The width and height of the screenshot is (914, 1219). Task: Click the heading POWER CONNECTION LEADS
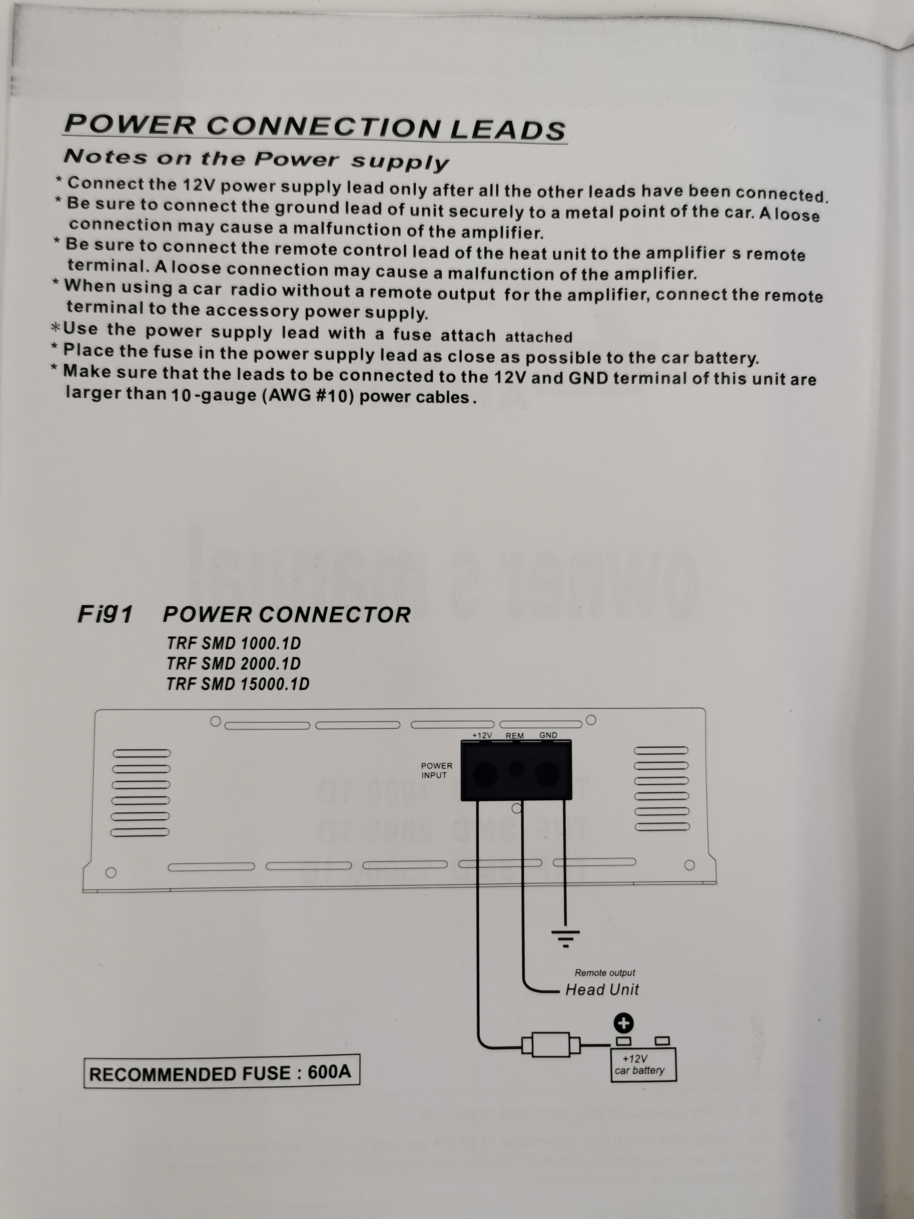(x=315, y=127)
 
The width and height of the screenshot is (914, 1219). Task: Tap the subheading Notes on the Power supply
(x=256, y=159)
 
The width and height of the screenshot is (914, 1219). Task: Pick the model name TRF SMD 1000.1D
(x=234, y=643)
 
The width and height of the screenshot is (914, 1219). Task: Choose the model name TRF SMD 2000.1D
(x=234, y=664)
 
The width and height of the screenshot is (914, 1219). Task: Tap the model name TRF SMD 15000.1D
(x=238, y=684)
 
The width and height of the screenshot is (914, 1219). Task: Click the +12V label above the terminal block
(x=482, y=735)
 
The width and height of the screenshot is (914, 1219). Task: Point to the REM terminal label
(x=514, y=736)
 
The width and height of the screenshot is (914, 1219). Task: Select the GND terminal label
(x=548, y=735)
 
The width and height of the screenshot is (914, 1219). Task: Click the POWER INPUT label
(x=436, y=771)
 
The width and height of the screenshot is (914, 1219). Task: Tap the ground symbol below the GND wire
(x=565, y=938)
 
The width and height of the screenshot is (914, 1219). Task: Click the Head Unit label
(x=602, y=990)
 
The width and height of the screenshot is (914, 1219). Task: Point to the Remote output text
(x=605, y=973)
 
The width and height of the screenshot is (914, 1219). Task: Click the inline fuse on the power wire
(x=551, y=1044)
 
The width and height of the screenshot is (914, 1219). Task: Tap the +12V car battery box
(x=643, y=1065)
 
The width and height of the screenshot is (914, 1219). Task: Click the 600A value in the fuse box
(x=329, y=1072)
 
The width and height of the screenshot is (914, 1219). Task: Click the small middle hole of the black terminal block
(x=516, y=768)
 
